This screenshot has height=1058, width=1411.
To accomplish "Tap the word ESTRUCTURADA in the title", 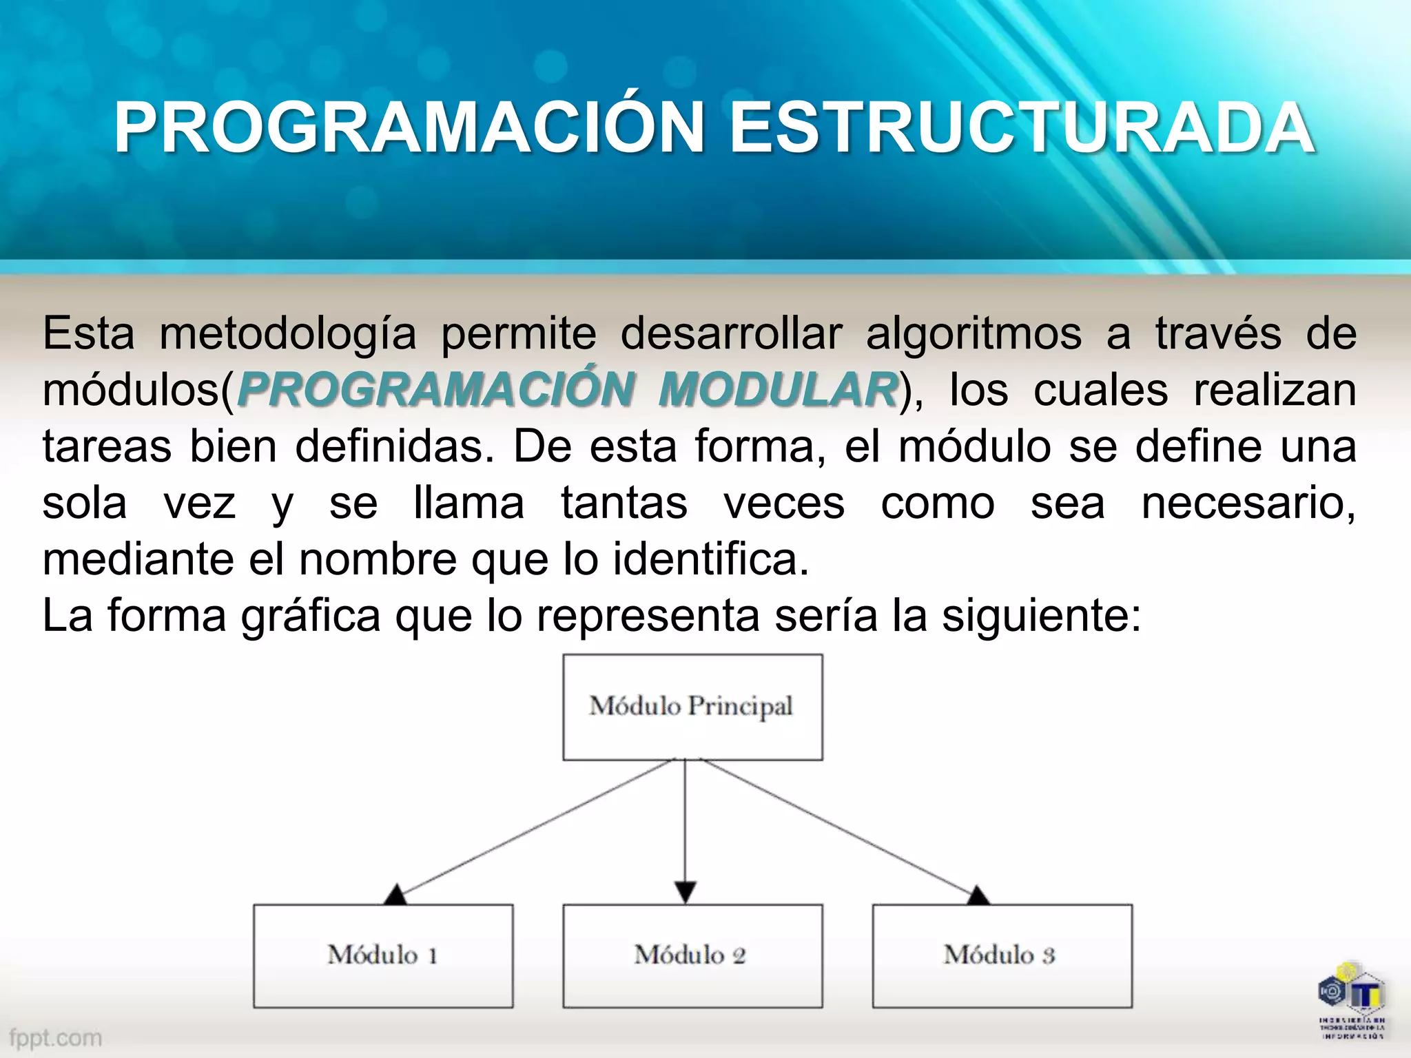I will [x=1022, y=129].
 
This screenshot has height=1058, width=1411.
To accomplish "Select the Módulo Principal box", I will [x=692, y=707].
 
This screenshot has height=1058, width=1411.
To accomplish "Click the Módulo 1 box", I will [x=383, y=956].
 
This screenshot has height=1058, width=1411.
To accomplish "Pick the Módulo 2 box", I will [x=692, y=956].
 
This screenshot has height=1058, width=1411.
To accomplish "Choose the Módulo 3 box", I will [x=1002, y=956].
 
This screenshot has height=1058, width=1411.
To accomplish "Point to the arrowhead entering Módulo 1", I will [x=395, y=895].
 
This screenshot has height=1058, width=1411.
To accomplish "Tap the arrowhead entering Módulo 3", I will [x=978, y=895].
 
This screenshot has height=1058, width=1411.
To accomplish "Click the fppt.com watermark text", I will [x=56, y=1037].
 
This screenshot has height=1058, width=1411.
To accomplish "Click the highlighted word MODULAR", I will [x=778, y=390].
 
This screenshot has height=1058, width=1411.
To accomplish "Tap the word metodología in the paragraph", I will [x=288, y=335].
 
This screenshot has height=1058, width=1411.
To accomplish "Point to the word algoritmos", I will [x=974, y=335].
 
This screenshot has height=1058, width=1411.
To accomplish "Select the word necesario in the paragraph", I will [x=1248, y=503].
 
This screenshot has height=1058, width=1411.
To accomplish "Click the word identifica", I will [x=710, y=559].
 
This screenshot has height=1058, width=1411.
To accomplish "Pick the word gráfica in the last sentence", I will [x=311, y=615].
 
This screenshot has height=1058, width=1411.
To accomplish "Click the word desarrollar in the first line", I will [x=731, y=333].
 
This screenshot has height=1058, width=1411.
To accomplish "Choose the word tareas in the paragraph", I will [x=107, y=446].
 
